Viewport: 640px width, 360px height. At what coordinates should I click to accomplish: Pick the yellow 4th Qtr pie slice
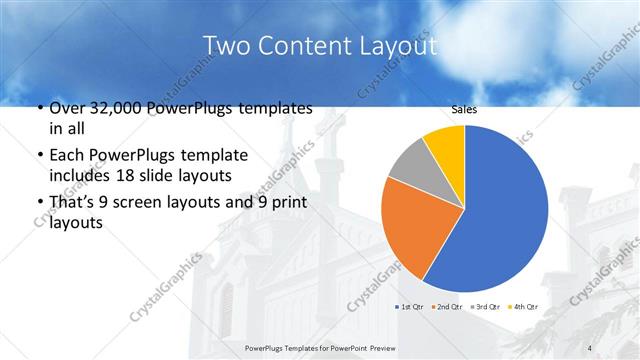(x=446, y=145)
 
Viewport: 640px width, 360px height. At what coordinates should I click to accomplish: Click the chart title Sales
(x=464, y=111)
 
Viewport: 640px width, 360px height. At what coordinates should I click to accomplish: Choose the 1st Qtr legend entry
(x=413, y=306)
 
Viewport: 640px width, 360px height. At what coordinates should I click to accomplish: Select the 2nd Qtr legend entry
(x=449, y=306)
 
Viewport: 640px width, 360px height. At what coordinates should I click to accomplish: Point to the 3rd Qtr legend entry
(x=487, y=306)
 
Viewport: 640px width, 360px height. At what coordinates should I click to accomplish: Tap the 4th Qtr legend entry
(x=524, y=306)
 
